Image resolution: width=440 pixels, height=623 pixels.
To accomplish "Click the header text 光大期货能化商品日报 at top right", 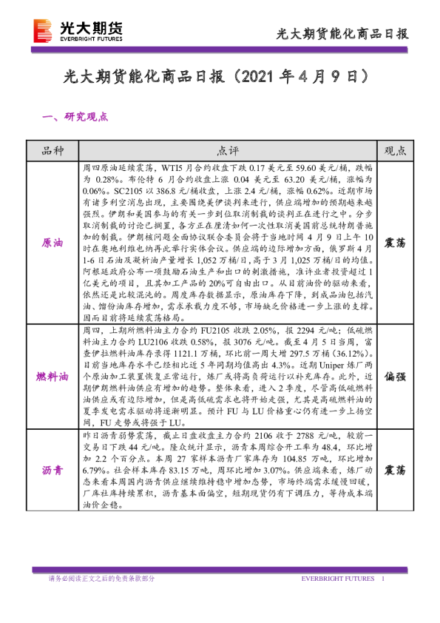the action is tap(342, 33).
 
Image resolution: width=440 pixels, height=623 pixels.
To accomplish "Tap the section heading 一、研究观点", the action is tap(76, 116).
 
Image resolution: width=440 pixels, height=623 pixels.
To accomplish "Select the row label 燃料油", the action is tap(53, 377).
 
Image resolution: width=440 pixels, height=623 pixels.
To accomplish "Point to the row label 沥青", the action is tap(53, 470).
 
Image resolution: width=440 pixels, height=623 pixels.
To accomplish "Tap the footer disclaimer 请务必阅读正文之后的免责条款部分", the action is tap(101, 579).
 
